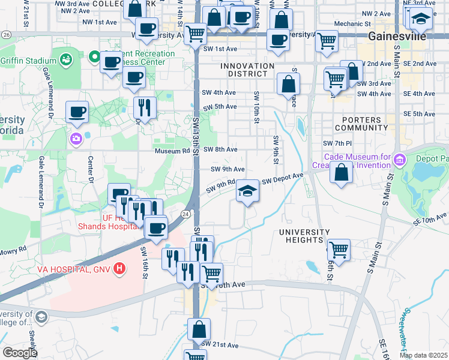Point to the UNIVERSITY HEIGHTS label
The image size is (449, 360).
tap(304, 236)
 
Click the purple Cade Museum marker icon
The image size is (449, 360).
tap(400, 160)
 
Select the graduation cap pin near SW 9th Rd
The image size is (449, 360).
tap(247, 191)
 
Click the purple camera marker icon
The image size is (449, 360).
tap(76, 139)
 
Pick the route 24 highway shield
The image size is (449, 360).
tap(186, 214)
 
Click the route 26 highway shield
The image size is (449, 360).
tap(5, 35)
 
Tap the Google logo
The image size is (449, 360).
tap(19, 352)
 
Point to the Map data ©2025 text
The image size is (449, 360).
tap(423, 355)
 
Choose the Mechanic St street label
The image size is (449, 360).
tap(349, 23)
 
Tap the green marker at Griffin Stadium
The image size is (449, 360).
tap(65, 60)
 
